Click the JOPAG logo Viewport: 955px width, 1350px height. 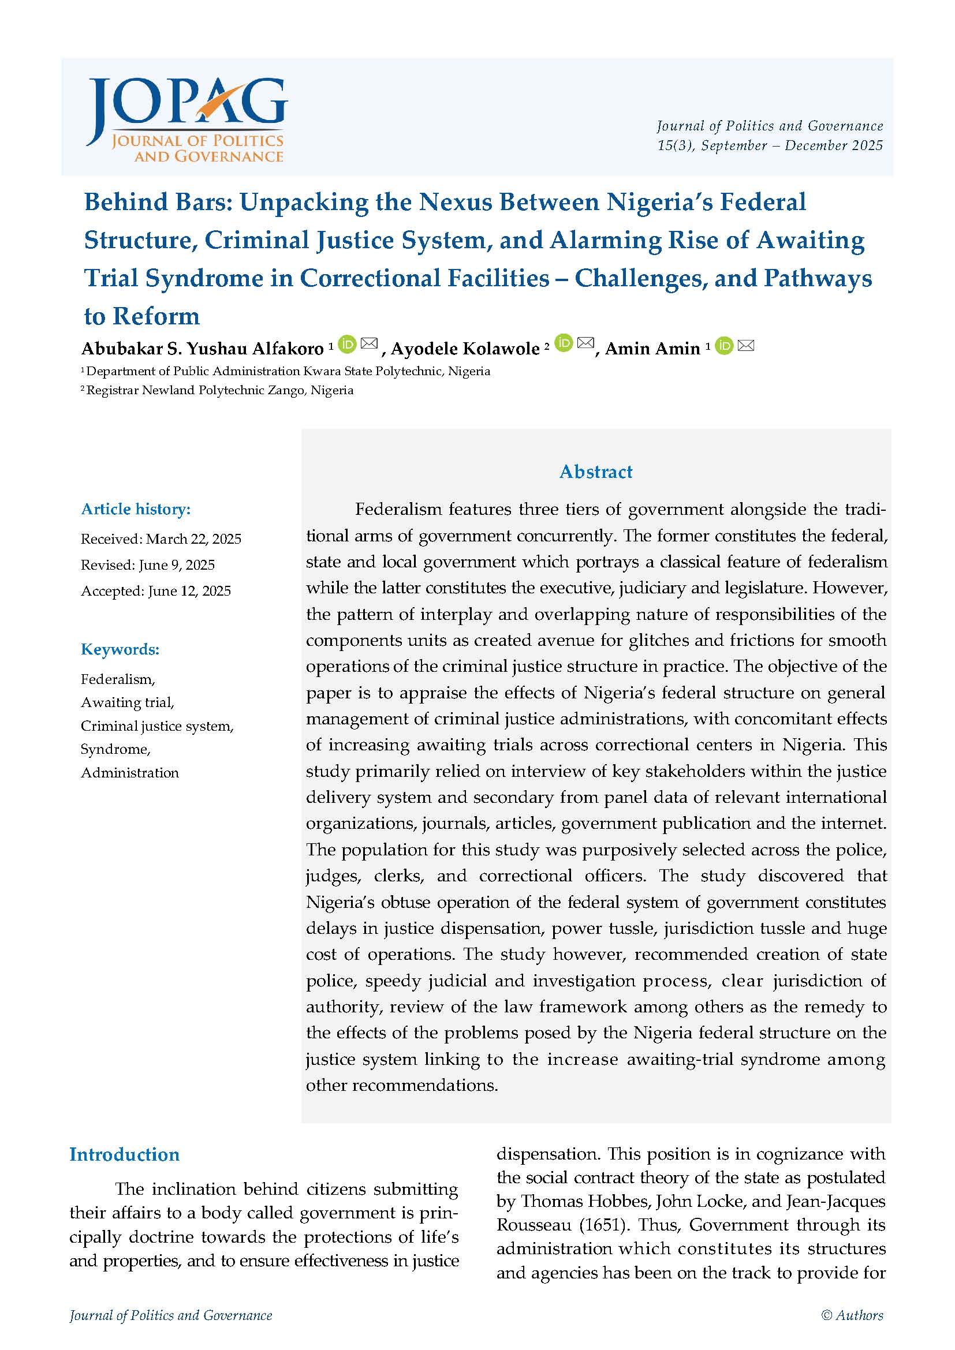click(186, 120)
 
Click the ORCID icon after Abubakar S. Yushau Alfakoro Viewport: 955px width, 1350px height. click(348, 344)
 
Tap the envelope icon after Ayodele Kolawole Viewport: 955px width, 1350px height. click(585, 343)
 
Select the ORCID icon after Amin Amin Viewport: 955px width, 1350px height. click(725, 346)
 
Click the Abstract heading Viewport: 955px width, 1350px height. click(596, 472)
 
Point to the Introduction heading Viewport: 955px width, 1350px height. click(125, 1154)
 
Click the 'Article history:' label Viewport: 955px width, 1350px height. click(136, 509)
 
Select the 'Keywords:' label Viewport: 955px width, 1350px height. click(120, 649)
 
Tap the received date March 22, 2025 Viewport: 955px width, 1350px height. click(193, 539)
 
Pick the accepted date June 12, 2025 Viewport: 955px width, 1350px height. click(189, 591)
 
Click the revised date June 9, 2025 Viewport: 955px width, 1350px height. click(177, 565)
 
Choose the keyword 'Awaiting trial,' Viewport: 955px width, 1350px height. click(128, 702)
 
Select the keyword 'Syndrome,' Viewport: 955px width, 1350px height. click(116, 749)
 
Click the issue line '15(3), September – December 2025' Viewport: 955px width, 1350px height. click(770, 145)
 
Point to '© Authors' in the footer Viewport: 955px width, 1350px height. click(852, 1315)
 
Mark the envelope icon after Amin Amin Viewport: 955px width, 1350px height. click(745, 346)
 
